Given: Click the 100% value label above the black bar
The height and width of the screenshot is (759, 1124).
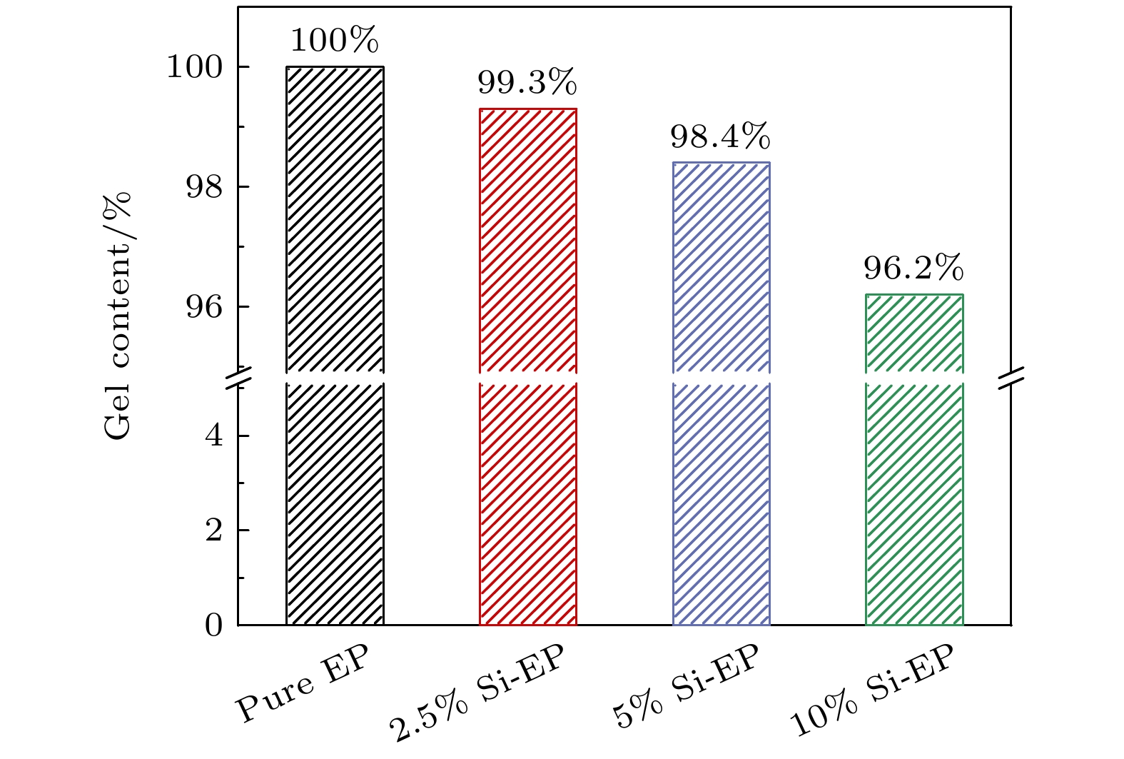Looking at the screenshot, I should pyautogui.click(x=334, y=41).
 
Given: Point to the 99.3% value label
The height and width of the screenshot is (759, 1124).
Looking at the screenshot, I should pyautogui.click(x=527, y=83).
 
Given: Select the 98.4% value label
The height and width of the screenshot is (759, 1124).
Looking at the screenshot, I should pyautogui.click(x=720, y=136).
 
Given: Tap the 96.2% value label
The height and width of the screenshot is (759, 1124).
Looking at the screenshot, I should pyautogui.click(x=913, y=268).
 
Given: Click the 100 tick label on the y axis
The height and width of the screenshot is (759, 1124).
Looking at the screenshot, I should pyautogui.click(x=194, y=67).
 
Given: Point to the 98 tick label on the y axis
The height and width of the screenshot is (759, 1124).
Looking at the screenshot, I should pyautogui.click(x=204, y=187).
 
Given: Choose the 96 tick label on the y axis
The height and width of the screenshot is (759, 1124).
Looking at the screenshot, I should pyautogui.click(x=204, y=307).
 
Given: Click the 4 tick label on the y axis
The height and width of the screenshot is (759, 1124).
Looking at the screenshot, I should pyautogui.click(x=214, y=436).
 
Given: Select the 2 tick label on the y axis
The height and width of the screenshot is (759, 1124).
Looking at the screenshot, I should pyautogui.click(x=214, y=531).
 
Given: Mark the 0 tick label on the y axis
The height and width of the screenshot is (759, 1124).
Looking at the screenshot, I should pyautogui.click(x=214, y=625).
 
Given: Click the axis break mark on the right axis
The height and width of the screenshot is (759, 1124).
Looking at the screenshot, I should pyautogui.click(x=1011, y=378).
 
